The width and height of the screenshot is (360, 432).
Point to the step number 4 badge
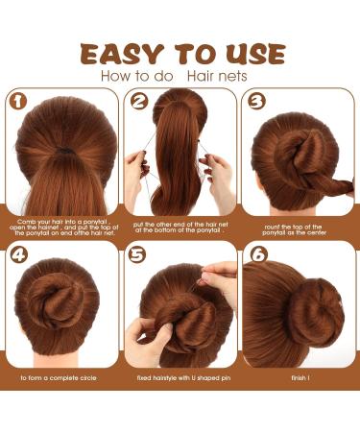(18, 258)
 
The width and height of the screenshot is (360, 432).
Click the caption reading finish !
(300, 378)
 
